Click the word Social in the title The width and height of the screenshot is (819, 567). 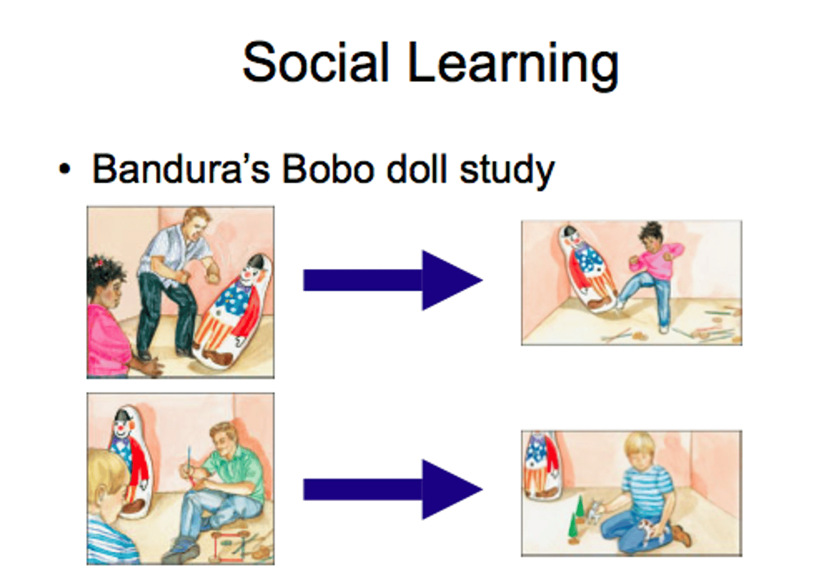click(315, 62)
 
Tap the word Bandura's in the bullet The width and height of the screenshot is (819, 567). click(180, 169)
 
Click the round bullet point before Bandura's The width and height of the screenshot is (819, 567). click(65, 169)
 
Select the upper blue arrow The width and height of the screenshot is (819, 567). click(392, 280)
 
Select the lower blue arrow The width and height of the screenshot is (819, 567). click(392, 489)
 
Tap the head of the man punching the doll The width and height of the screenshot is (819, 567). click(196, 223)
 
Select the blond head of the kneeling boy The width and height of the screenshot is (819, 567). click(640, 450)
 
